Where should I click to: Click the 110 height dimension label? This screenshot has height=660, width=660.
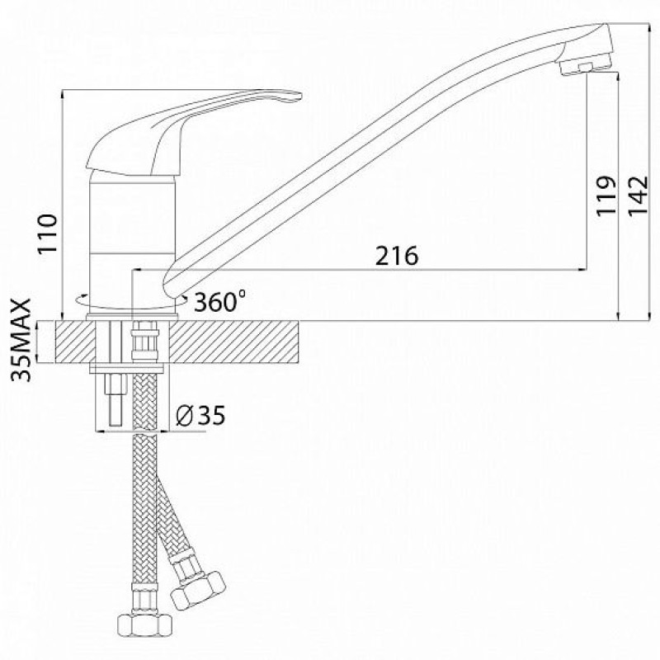(x=48, y=233)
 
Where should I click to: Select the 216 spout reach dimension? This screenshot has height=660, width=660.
(x=397, y=256)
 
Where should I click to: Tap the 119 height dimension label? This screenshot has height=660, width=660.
(x=606, y=196)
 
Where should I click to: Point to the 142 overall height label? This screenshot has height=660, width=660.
(x=639, y=196)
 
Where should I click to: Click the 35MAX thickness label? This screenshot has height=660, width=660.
(x=21, y=340)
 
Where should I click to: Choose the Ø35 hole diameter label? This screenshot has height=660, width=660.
(x=200, y=415)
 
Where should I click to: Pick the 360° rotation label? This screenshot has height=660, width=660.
(x=219, y=300)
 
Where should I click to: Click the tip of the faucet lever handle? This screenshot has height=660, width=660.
(x=301, y=96)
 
